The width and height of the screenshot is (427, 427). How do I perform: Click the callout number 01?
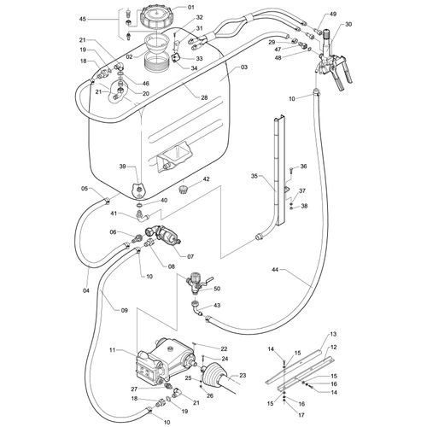pos(190,7)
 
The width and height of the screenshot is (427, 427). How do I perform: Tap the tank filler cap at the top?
pos(155,17)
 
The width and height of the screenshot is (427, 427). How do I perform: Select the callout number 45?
pos(83,19)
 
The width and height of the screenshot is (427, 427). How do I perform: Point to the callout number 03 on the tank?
pos(244,67)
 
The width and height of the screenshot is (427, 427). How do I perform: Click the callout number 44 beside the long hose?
pos(276,269)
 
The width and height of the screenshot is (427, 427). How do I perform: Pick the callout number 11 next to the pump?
pos(113,350)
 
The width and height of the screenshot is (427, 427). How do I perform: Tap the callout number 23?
pos(243,376)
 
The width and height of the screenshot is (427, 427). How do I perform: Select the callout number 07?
pos(190,256)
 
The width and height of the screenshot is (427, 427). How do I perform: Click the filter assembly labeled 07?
pos(163,234)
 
